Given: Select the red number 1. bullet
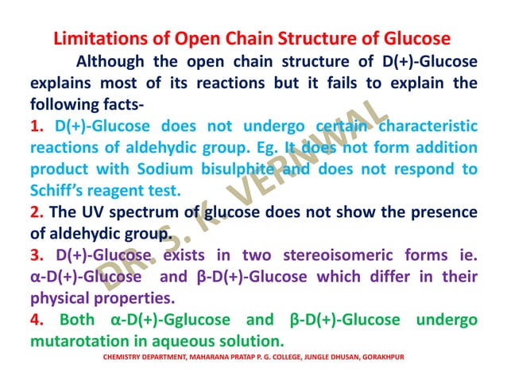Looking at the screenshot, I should tap(37, 126).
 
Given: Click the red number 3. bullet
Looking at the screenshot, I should tap(37, 255).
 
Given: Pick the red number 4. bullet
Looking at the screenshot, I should tap(37, 320).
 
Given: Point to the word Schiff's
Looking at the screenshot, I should tap(58, 190).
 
